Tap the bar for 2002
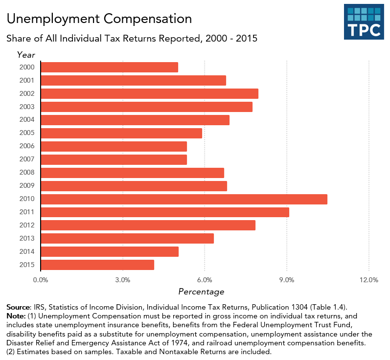coord(149,93)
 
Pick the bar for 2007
coord(114,159)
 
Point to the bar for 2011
coord(164,212)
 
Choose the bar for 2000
coord(109,67)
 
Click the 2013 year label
coord(26,239)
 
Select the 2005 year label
coord(26,133)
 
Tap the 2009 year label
coord(26,186)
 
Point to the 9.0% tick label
coord(287,280)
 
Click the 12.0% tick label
coord(368,280)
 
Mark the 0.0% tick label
coord(41,280)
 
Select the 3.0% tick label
coord(122,280)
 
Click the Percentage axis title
coord(201,292)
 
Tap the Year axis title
coord(26,54)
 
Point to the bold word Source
coord(19,307)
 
